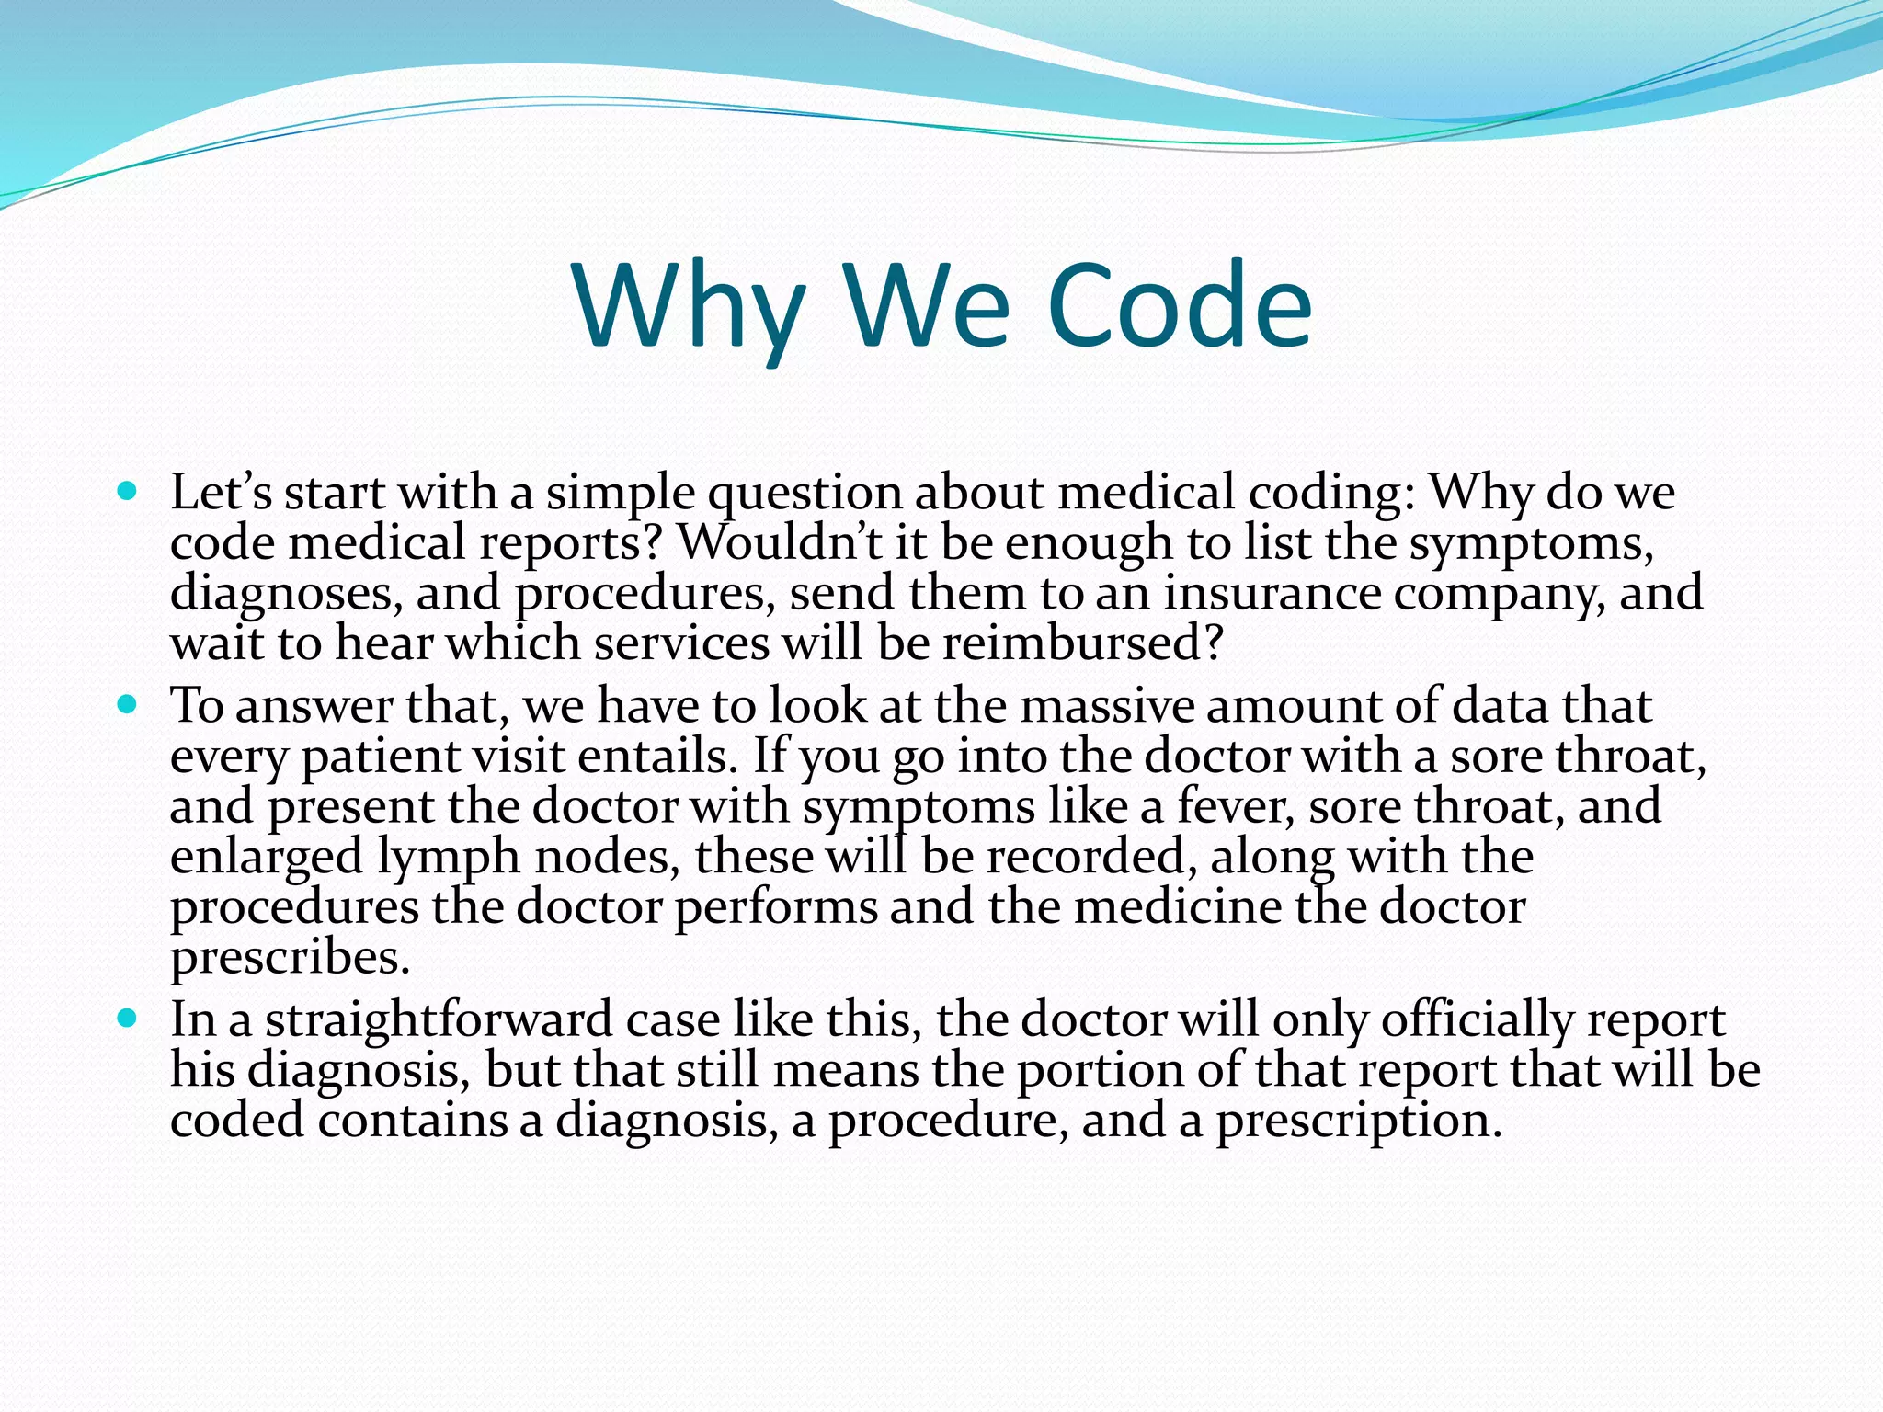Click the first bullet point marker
[x=128, y=490]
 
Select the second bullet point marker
[x=128, y=704]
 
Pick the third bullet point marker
[x=128, y=1018]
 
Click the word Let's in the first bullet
[x=221, y=493]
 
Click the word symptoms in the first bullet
[x=1531, y=543]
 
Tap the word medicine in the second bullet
[x=1177, y=907]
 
